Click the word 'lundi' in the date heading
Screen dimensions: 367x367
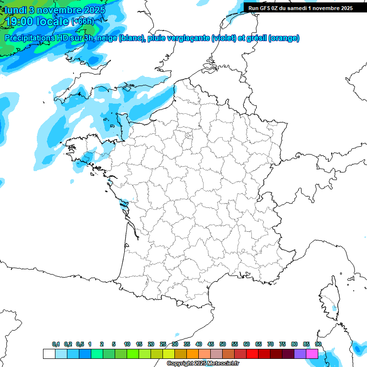coord(15,10)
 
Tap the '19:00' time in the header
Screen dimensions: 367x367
coord(19,21)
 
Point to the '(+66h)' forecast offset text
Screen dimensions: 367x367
coord(83,22)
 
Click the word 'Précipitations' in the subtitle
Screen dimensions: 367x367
coord(29,38)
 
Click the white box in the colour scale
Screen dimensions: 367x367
coord(49,354)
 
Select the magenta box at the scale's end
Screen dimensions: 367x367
coord(312,354)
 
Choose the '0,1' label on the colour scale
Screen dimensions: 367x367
coord(56,344)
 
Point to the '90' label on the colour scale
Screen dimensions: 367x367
coord(318,344)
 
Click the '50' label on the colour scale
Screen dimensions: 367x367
coord(223,344)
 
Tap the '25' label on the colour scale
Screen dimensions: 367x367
coord(163,344)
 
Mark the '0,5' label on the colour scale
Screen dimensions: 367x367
coord(80,344)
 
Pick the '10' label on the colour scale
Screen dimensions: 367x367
coord(127,344)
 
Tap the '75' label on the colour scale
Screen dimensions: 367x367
coord(282,344)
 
